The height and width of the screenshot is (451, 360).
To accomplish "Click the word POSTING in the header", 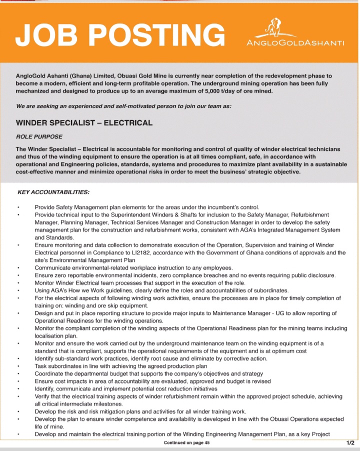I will point(158,34).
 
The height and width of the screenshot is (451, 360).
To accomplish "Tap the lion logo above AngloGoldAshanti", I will point(272,28).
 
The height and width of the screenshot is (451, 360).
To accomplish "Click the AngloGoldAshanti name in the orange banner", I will point(296,43).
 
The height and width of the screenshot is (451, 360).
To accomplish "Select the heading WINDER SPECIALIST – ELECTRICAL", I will point(84,122).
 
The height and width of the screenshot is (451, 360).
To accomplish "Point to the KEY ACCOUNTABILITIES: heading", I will point(53,191).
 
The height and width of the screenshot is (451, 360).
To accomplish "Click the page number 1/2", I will point(350,442).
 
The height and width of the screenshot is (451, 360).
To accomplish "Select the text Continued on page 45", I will point(186,443).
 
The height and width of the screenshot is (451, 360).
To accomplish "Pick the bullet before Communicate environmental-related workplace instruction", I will point(18,268).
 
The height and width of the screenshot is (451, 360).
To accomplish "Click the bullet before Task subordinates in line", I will point(18,366).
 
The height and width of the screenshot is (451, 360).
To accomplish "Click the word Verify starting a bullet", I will point(43,395).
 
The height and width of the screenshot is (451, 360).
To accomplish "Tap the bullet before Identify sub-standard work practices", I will point(18,358).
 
